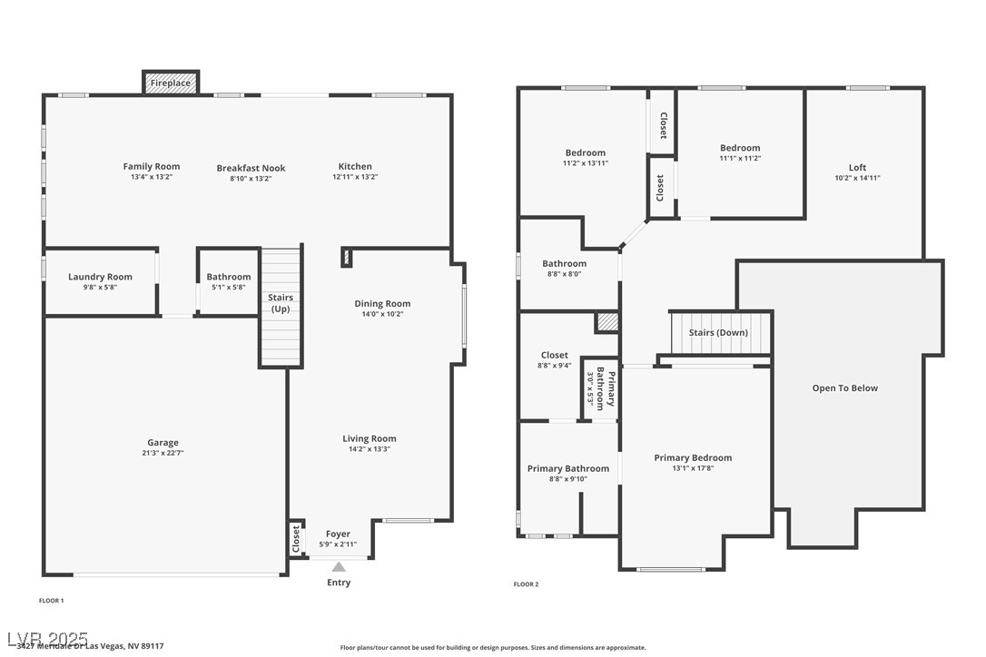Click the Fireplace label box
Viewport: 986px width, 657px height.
click(x=171, y=83)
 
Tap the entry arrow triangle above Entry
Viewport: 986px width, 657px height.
click(x=338, y=567)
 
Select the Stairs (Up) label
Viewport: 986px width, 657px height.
click(x=281, y=303)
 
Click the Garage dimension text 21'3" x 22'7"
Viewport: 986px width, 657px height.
click(x=163, y=453)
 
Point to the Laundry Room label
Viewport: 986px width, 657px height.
click(x=100, y=277)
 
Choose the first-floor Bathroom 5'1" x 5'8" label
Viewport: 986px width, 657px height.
click(x=229, y=277)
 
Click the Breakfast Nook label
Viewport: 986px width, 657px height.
click(x=251, y=168)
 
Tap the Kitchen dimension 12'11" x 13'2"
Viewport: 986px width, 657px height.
click(x=355, y=178)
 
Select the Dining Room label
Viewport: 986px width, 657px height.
click(x=382, y=303)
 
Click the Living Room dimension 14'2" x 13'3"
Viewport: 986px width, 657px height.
click(x=370, y=449)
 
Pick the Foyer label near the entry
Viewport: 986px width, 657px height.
click(x=338, y=534)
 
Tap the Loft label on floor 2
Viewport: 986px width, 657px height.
click(x=857, y=167)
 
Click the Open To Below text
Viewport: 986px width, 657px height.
click(x=844, y=388)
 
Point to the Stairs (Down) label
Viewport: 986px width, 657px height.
click(x=718, y=332)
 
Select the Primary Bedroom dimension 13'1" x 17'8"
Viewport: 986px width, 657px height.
click(x=693, y=468)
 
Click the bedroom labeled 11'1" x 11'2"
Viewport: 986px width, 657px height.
click(x=740, y=148)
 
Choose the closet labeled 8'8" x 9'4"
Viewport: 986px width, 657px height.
click(x=554, y=355)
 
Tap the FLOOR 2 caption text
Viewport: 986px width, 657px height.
click(x=526, y=584)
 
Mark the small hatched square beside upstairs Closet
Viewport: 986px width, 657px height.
click(x=606, y=322)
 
